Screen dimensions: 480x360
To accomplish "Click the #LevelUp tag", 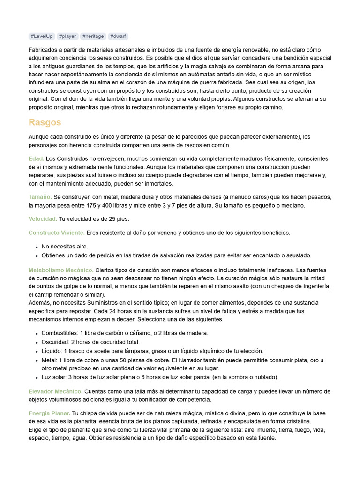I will coord(42,36).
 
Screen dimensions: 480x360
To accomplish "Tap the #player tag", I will coord(68,36).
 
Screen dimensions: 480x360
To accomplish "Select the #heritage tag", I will coord(93,36).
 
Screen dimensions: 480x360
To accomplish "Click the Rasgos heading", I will coord(45,122).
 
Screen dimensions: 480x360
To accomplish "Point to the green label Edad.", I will coord(36,159).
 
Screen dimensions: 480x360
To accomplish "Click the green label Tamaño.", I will coord(40,197).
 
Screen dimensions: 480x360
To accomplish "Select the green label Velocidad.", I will coord(43,219).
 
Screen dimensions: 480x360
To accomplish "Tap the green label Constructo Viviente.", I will coord(57,232).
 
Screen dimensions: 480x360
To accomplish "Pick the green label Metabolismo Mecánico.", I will coord(61,270).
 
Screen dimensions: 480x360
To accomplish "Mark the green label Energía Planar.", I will coord(50,413).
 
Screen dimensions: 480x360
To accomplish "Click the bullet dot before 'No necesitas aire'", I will coord(37,247).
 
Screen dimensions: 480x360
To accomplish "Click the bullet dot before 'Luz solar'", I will coord(37,377).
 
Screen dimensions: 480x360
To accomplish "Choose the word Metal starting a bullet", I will coord(49,360).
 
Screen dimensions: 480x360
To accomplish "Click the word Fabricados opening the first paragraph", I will coord(44,50).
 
